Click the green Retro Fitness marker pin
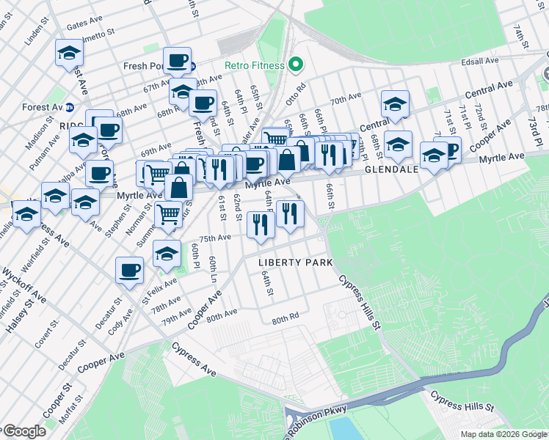point(296,65)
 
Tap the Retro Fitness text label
point(255,66)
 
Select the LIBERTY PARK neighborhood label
point(296,263)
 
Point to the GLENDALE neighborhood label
point(392,169)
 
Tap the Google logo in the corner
point(24,431)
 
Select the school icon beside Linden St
point(69,53)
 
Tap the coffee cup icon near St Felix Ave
point(129,270)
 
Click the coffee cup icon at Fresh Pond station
point(177,61)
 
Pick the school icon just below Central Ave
point(395,105)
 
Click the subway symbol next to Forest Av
point(69,107)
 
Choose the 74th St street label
point(520,33)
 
